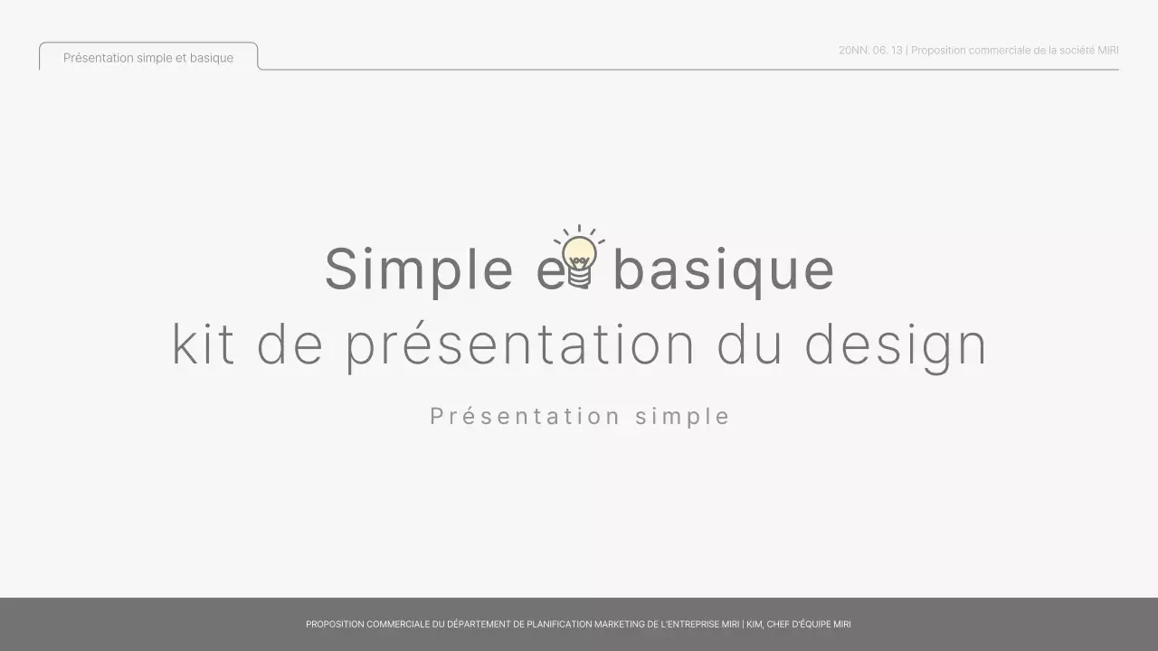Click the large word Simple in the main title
[419, 269]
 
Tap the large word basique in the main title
[723, 269]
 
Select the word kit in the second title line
[204, 344]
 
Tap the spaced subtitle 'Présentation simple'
[580, 417]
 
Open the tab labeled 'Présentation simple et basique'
[148, 58]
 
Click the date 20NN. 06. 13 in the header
[870, 51]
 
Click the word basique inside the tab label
[212, 58]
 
